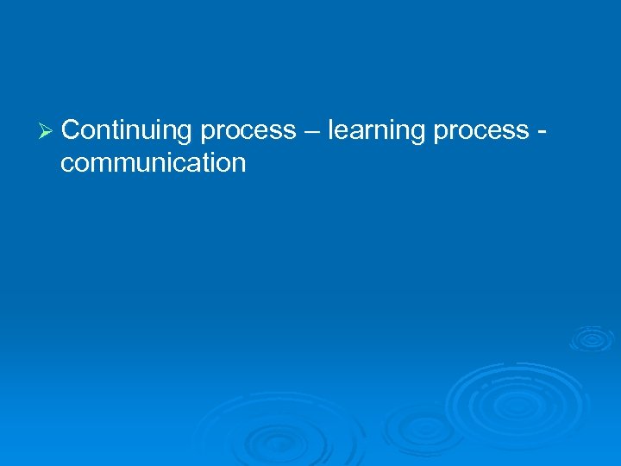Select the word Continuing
coord(127,131)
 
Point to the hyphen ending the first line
coord(541,132)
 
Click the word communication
coord(154,162)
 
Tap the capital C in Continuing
coord(72,130)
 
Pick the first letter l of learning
coord(330,129)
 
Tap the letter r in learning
coord(367,132)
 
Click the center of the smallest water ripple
coord(591,340)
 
